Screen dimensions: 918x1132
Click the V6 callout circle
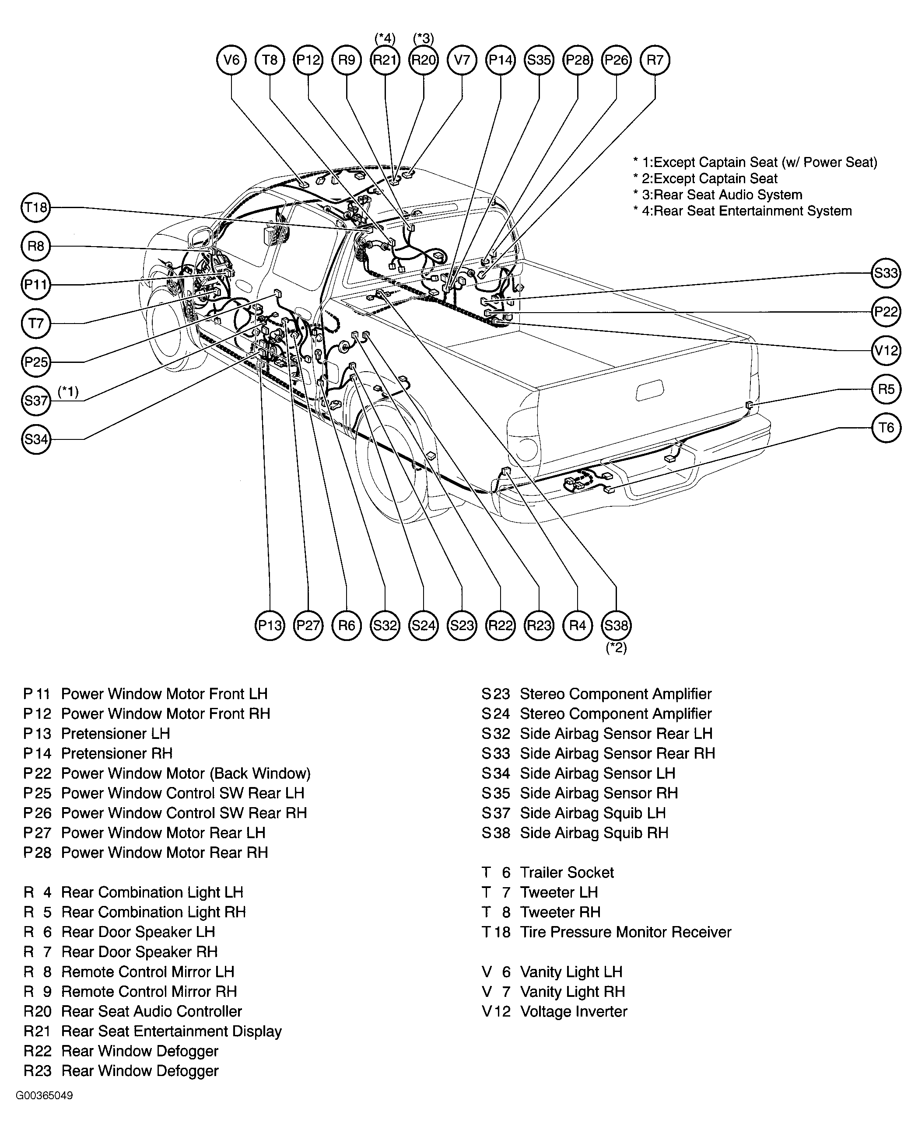[x=231, y=60]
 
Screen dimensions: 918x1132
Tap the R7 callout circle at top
[x=655, y=60]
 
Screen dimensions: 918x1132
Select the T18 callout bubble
[x=36, y=207]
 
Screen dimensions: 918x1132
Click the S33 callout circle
[x=886, y=273]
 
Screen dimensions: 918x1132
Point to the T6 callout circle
[x=886, y=428]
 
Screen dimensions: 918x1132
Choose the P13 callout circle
[x=270, y=626]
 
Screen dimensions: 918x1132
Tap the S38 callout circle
[x=616, y=626]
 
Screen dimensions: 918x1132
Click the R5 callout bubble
[x=886, y=389]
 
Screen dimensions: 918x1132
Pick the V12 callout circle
[x=886, y=350]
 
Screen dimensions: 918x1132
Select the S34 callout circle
[x=36, y=439]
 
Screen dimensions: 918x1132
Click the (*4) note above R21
[x=385, y=38]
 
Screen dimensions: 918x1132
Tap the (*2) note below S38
[x=617, y=648]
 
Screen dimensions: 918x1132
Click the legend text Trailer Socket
[x=567, y=873]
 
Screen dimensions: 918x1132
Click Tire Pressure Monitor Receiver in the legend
[x=626, y=932]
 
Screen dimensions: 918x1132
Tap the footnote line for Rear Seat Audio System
[x=718, y=195]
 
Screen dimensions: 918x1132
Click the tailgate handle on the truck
[x=650, y=390]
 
